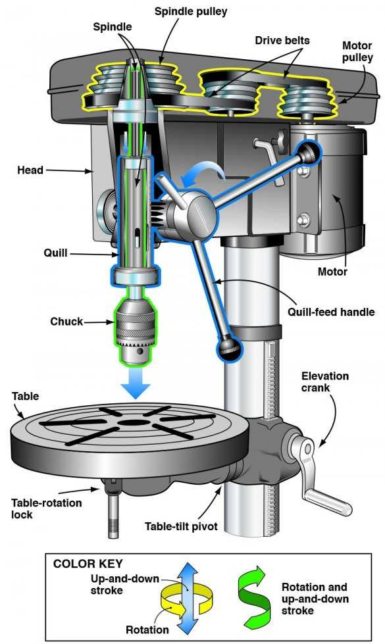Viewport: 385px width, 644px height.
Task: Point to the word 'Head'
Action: (30, 170)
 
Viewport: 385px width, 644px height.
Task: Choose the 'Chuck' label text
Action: (66, 322)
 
